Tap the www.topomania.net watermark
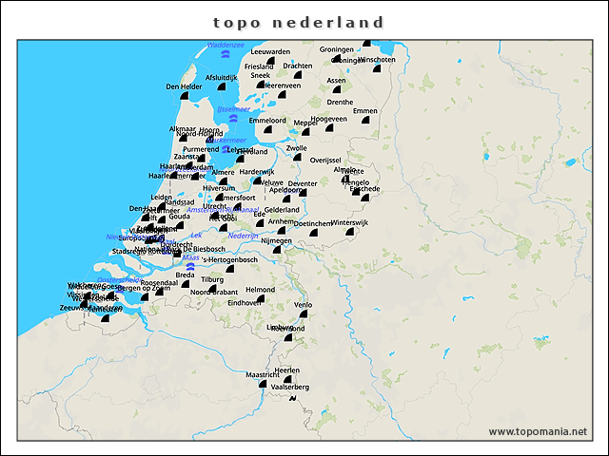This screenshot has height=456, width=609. click(538, 431)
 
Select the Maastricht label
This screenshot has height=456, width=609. click(263, 375)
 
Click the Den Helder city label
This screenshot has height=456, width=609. click(185, 86)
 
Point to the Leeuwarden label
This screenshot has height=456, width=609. click(271, 51)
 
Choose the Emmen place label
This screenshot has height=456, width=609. click(365, 111)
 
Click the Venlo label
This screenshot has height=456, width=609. click(304, 305)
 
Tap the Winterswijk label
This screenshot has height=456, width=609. click(348, 222)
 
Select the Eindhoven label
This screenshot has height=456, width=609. click(244, 302)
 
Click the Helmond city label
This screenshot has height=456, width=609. click(260, 290)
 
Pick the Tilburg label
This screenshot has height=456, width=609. click(212, 279)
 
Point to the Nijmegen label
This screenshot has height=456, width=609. click(276, 240)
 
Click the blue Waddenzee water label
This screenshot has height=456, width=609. click(226, 44)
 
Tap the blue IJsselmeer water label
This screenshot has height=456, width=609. click(233, 108)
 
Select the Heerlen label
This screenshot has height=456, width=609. click(286, 370)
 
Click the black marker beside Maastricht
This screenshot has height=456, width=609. click(262, 384)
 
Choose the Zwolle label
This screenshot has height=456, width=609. click(297, 148)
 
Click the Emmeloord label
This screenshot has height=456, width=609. click(267, 121)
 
